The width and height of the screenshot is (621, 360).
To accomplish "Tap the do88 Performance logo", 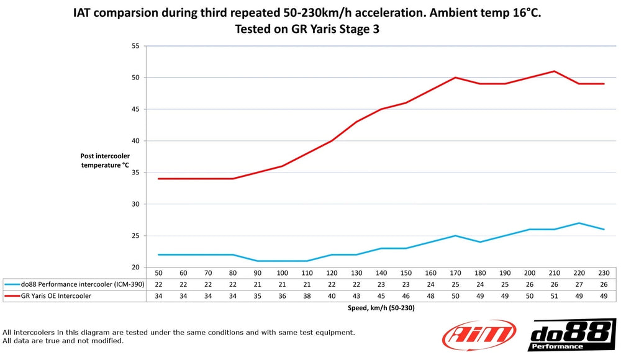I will [572, 335].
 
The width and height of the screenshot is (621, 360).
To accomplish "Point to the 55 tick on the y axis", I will [135, 46].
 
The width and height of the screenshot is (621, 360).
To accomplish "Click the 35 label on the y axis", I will [135, 173].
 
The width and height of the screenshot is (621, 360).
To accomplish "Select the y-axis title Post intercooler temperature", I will [104, 160].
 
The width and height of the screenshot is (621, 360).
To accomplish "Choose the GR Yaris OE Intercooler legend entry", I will [56, 295].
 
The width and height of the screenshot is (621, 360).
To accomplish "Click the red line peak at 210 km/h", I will [554, 71].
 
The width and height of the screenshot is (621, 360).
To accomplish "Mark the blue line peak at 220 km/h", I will [579, 223].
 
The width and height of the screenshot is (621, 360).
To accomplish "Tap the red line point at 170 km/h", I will [455, 78].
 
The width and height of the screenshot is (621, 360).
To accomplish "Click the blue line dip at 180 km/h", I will [480, 242].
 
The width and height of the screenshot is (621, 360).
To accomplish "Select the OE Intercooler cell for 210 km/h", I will [554, 295].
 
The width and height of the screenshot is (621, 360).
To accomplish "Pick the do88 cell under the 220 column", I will [579, 284].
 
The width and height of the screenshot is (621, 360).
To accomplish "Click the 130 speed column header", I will [356, 273].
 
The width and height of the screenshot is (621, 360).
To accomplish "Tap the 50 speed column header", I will [158, 273].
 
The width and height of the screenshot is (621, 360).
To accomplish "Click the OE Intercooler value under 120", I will [332, 295].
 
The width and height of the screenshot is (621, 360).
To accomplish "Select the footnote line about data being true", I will [63, 341].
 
